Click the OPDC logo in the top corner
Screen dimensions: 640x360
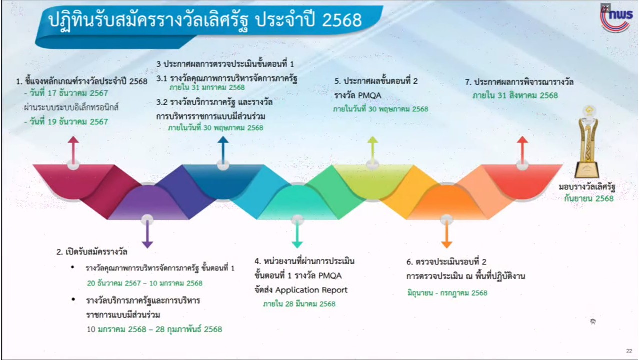[616, 19]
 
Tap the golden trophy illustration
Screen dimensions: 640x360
[587, 142]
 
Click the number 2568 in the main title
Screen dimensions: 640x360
[342, 20]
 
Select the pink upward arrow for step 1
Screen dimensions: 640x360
[73, 150]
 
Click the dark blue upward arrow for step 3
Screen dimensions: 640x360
[223, 150]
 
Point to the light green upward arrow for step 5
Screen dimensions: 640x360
[373, 150]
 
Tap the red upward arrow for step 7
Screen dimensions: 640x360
[522, 150]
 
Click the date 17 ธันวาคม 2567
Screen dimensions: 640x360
[69, 93]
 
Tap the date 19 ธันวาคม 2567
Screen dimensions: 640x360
[69, 122]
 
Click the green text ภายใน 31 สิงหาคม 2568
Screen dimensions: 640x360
[515, 95]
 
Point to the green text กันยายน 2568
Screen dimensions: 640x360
[589, 198]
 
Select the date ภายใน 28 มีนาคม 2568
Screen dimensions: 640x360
[299, 304]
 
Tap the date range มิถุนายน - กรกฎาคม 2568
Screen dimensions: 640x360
[447, 293]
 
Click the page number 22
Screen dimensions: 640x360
[629, 351]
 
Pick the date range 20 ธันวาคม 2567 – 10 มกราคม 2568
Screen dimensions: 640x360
[145, 283]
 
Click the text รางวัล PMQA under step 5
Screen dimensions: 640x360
[358, 95]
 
